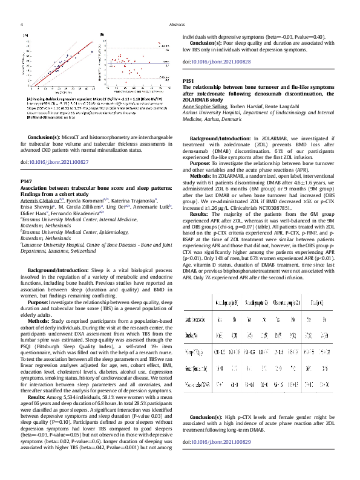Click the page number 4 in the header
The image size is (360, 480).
tap(22, 25)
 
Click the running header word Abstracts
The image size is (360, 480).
tap(177, 25)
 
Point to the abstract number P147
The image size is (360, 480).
tap(27, 181)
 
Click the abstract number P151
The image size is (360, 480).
tap(189, 80)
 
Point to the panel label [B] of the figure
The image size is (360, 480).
tap(102, 36)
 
